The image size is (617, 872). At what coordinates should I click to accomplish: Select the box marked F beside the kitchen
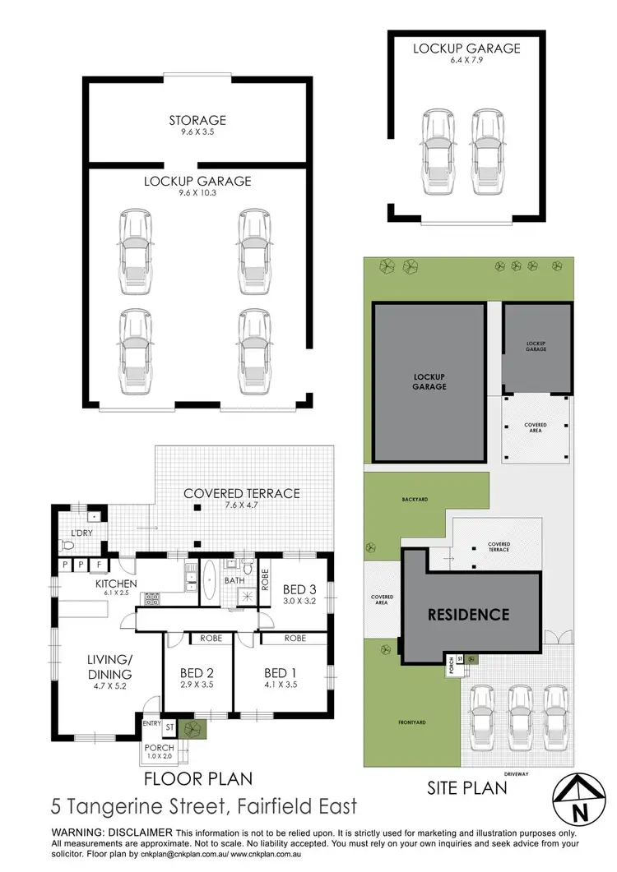[x=100, y=565]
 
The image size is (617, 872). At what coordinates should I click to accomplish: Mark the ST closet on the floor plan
[x=169, y=727]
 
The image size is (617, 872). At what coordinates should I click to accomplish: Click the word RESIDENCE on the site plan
[x=467, y=614]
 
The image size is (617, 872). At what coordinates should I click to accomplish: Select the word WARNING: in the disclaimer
[x=80, y=833]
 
